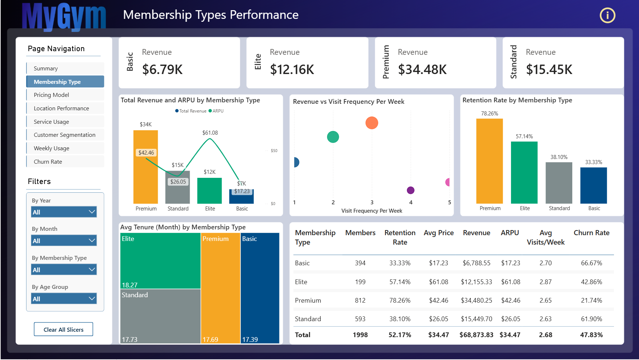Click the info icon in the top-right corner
coord(607,15)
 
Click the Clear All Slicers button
coord(63,330)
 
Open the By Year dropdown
coord(64,212)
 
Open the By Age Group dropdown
coord(64,299)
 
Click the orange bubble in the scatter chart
coord(372,123)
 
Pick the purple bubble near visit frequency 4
coord(411,190)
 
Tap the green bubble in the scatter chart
coord(333,137)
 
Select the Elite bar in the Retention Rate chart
coord(524,172)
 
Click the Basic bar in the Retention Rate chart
coord(594,185)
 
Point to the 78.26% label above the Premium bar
coord(490,114)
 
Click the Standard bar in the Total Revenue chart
coord(178,187)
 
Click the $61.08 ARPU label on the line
coord(210,133)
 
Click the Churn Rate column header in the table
coord(591,233)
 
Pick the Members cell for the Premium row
coord(360,300)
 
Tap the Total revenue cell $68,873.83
coord(477,335)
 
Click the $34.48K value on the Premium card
coord(422,69)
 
